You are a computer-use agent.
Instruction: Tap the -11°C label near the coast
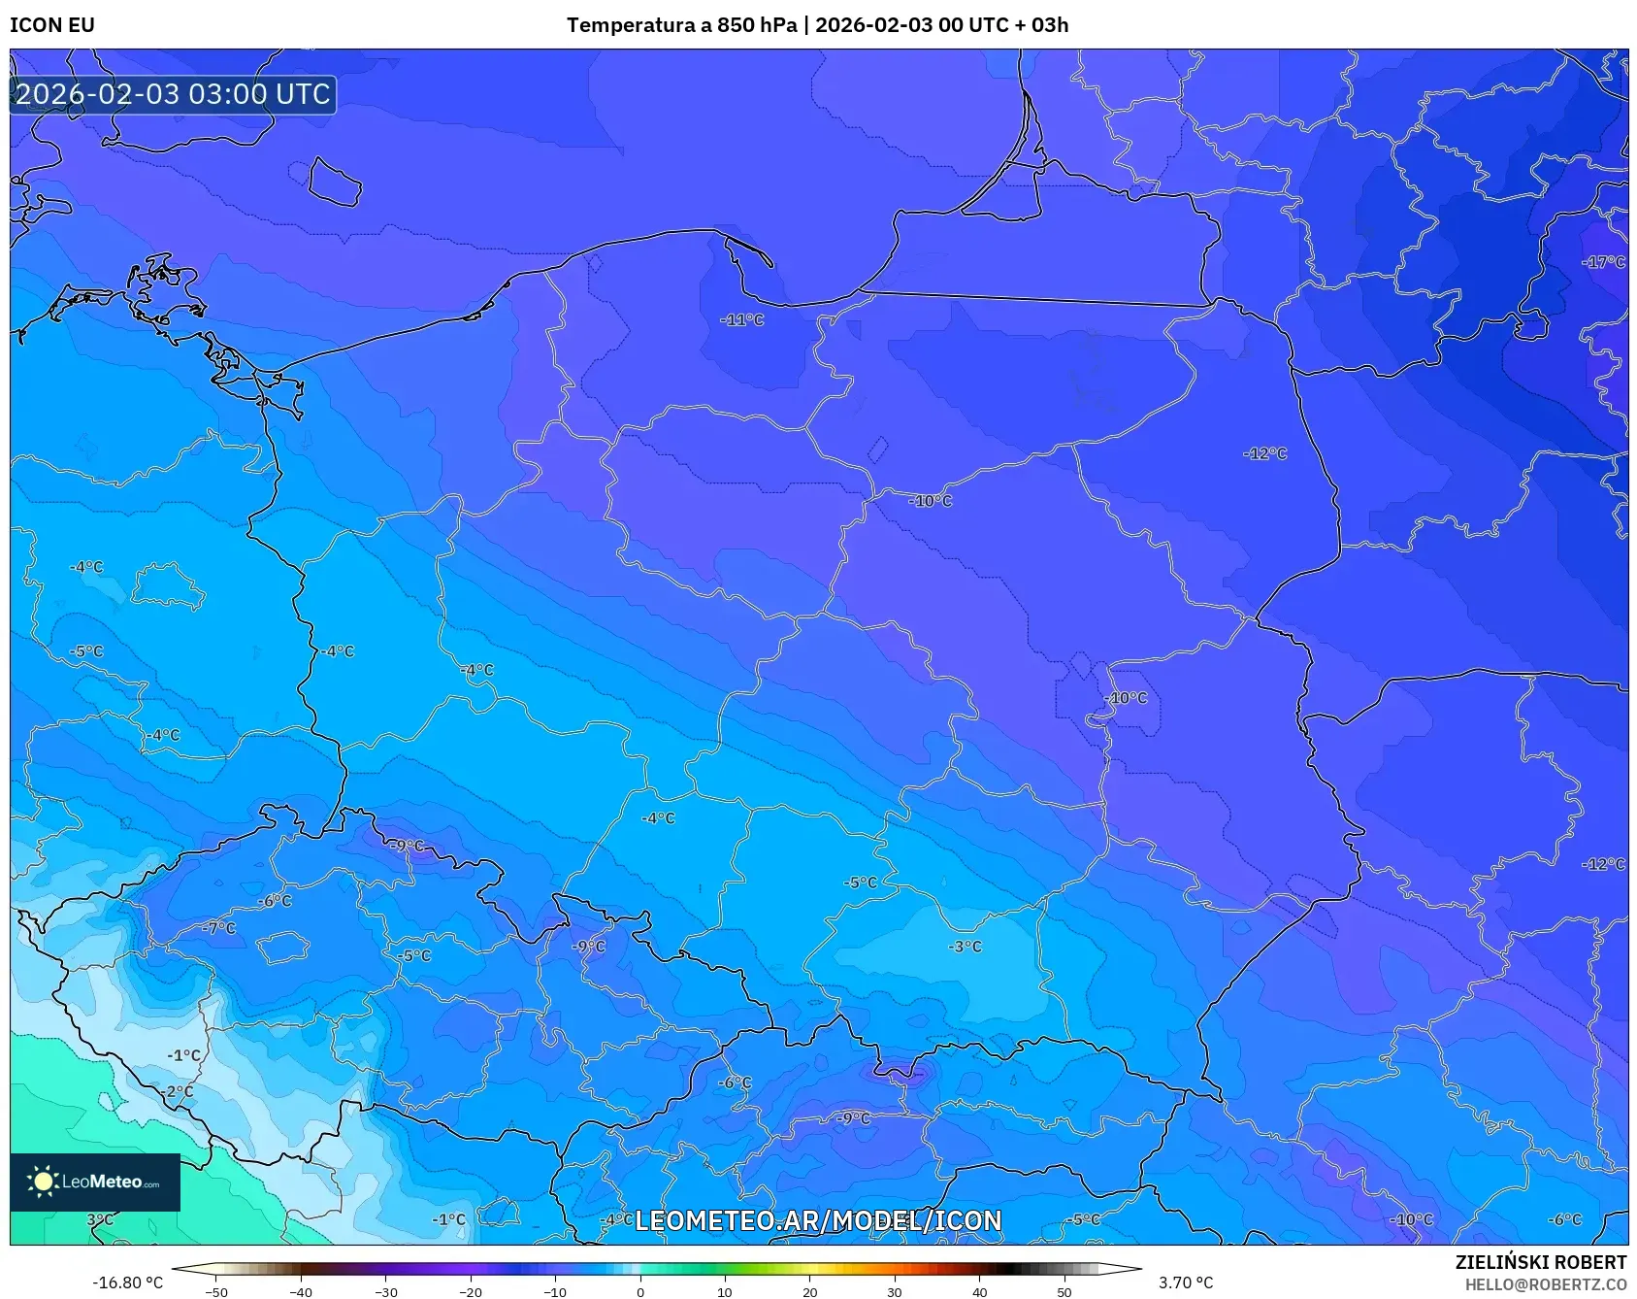coord(742,319)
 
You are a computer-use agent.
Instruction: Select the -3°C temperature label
coord(966,947)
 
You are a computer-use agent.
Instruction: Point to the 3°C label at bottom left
coord(100,1219)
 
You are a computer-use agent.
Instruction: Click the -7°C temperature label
coord(219,928)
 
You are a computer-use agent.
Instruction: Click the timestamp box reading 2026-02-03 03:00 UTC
coord(173,94)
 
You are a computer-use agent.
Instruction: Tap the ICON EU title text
coord(52,25)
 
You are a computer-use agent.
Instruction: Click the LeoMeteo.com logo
coord(95,1182)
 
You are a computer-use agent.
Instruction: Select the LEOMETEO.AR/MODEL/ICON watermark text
coord(818,1220)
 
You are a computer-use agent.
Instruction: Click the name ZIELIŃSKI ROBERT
coord(1540,1262)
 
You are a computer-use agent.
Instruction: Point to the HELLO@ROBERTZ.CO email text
coord(1545,1284)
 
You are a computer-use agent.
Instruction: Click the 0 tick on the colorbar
coord(639,1292)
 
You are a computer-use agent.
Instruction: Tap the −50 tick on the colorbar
coord(216,1292)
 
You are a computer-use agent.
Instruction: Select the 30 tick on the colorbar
coord(894,1292)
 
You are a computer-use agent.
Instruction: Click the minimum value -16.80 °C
coord(127,1282)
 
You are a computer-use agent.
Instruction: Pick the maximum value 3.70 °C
coord(1185,1282)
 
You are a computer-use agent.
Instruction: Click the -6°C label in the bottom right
coord(1564,1219)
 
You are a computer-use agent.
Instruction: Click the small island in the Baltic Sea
coord(335,182)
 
